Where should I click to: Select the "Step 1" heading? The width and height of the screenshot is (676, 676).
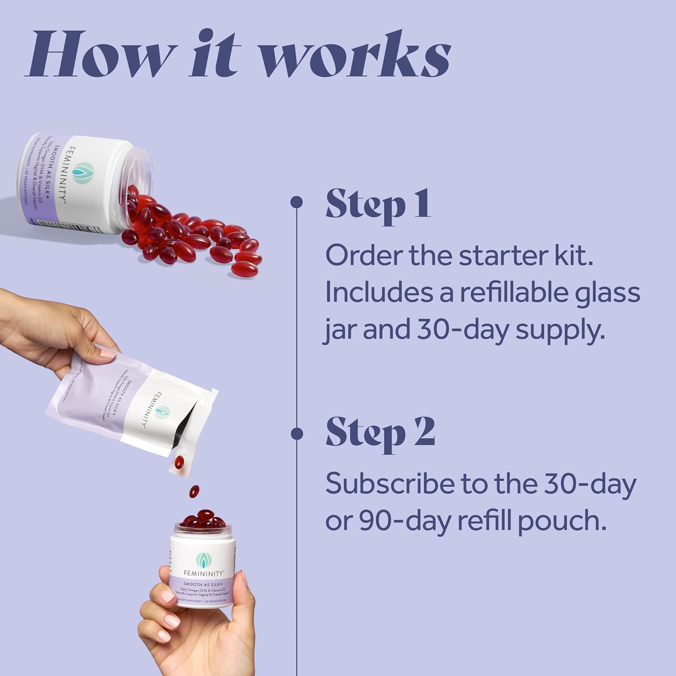point(379,205)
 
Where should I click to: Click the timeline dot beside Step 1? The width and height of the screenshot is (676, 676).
point(296,202)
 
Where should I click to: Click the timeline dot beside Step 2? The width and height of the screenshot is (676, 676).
point(297,434)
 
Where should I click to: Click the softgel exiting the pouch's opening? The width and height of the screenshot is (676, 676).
point(179,462)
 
